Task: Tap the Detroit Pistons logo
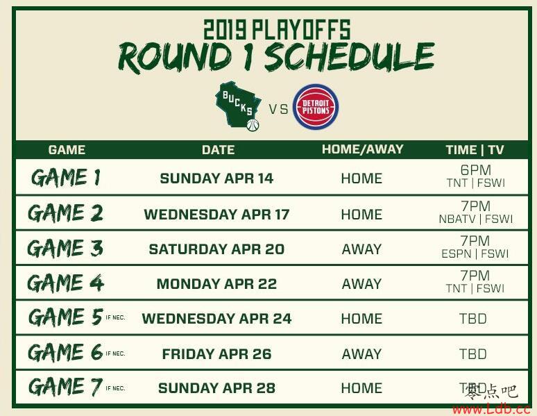(x=316, y=107)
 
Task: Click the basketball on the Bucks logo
(x=253, y=125)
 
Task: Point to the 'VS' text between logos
(x=278, y=110)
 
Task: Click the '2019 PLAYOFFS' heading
(x=277, y=29)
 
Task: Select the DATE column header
(x=218, y=150)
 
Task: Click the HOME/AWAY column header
(x=362, y=149)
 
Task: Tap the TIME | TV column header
(x=475, y=150)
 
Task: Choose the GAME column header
(x=67, y=150)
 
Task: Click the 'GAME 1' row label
(x=66, y=177)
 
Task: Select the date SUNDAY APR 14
(x=216, y=178)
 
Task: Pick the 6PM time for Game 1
(x=476, y=169)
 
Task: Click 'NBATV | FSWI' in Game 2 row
(x=476, y=219)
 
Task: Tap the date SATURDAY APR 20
(x=216, y=249)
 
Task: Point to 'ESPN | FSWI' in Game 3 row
(x=475, y=253)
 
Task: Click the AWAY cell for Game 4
(x=361, y=284)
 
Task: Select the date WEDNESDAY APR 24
(x=216, y=319)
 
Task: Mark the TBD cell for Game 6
(x=473, y=354)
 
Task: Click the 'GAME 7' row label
(x=65, y=386)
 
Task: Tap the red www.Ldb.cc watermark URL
(x=491, y=409)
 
